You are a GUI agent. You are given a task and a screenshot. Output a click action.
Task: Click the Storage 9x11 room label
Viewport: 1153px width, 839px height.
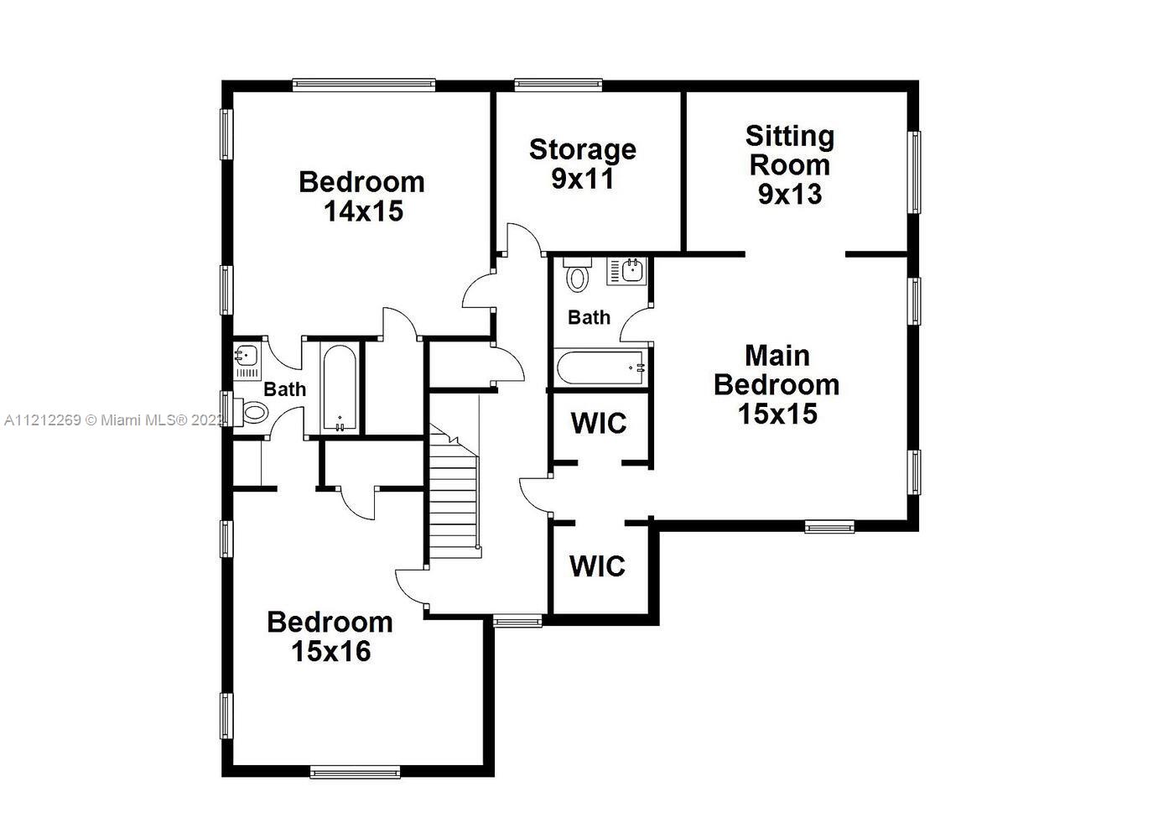pyautogui.click(x=583, y=164)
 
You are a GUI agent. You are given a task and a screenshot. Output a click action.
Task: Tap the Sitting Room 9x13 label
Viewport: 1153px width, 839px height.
pyautogui.click(x=790, y=164)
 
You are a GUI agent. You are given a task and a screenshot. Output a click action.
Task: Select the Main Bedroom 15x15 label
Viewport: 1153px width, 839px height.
pyautogui.click(x=776, y=385)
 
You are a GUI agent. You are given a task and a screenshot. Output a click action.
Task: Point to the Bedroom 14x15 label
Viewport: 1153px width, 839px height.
pyautogui.click(x=362, y=196)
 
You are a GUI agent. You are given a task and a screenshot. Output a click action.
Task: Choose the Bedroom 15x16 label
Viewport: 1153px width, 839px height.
pyautogui.click(x=330, y=637)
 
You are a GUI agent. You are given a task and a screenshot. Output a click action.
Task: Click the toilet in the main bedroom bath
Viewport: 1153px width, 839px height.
pyautogui.click(x=577, y=274)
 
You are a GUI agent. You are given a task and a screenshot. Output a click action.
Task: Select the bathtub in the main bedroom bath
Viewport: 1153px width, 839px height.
pyautogui.click(x=600, y=367)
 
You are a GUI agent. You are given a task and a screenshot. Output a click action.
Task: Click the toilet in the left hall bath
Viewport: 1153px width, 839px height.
pyautogui.click(x=252, y=411)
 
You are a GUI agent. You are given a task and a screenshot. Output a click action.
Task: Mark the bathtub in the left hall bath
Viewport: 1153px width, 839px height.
pyautogui.click(x=339, y=387)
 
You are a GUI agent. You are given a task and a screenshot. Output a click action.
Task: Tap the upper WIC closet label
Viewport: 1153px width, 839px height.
pyautogui.click(x=599, y=424)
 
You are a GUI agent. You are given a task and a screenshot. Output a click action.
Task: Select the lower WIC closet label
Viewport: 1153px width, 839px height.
pyautogui.click(x=597, y=565)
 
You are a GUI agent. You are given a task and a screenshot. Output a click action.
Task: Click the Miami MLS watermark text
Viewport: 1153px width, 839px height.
pyautogui.click(x=113, y=420)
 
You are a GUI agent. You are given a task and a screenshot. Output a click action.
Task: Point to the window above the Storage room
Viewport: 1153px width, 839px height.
pyautogui.click(x=558, y=85)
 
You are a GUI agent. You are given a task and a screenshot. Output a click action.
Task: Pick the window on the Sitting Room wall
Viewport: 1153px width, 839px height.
pyautogui.click(x=914, y=172)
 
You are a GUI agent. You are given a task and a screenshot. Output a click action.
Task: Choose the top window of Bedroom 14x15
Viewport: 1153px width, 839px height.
pyautogui.click(x=364, y=85)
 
